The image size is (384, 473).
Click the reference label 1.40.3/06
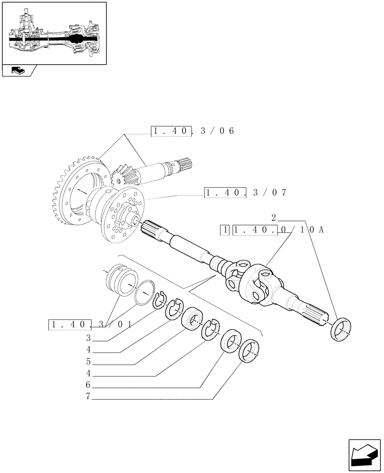[192, 131]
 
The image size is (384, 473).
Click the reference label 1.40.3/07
[245, 193]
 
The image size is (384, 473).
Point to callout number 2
[274, 218]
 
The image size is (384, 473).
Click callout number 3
[88, 338]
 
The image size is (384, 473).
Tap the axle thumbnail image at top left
[53, 33]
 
